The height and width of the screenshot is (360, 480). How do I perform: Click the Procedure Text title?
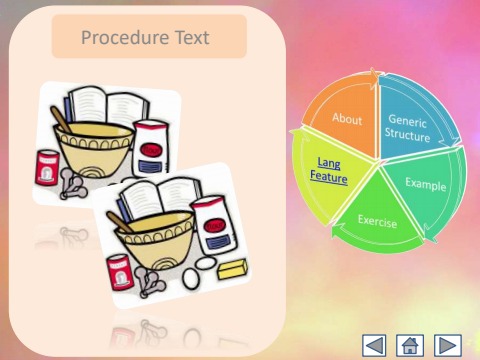pos(145,38)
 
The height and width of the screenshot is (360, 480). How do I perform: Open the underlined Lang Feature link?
pos(330,170)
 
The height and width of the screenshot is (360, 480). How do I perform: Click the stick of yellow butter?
pos(234,269)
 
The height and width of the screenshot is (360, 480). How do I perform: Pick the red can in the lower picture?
pos(119,270)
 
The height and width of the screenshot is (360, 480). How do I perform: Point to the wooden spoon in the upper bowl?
pos(62,119)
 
